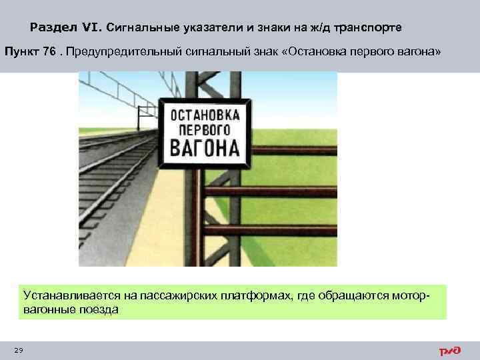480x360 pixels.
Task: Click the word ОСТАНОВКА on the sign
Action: click(x=205, y=112)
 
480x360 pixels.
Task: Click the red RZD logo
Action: click(x=449, y=350)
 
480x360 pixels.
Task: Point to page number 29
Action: click(x=18, y=351)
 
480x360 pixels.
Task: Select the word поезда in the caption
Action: click(x=98, y=309)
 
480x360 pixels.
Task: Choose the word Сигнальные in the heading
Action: click(x=139, y=28)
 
